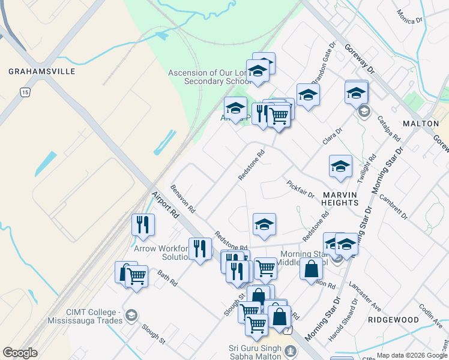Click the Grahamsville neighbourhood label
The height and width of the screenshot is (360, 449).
[x=41, y=71]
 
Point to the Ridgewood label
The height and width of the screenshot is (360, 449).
[x=393, y=320]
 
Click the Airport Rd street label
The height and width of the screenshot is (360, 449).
[x=165, y=205]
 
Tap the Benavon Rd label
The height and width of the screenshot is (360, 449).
[x=183, y=199]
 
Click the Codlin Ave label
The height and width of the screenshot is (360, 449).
[x=430, y=314]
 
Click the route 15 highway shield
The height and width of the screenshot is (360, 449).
[x=25, y=92]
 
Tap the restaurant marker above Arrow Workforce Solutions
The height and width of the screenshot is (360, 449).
[x=143, y=224]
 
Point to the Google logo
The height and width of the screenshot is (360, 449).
[x=20, y=353]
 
